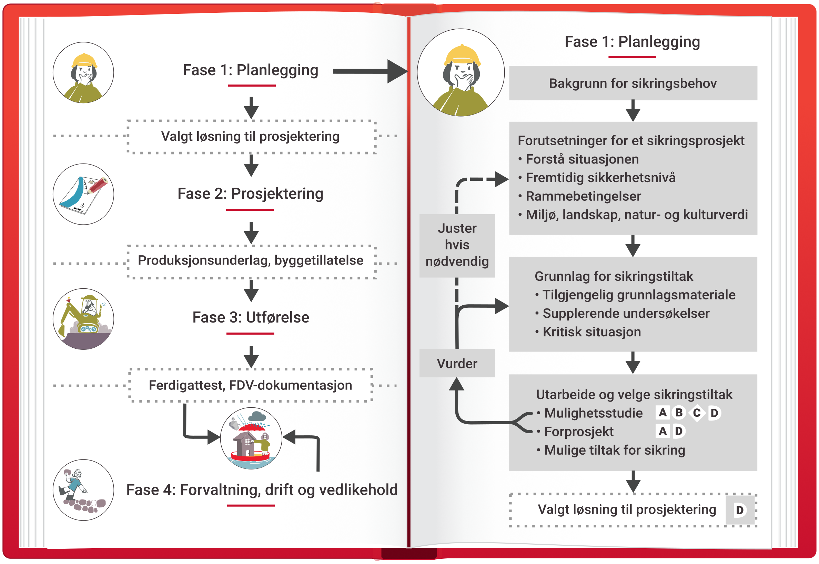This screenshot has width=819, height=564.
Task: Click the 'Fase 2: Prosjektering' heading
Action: coord(250,194)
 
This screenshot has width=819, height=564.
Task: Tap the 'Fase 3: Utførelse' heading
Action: coord(251,317)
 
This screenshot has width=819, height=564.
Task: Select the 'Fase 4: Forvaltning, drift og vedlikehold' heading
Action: coord(262,490)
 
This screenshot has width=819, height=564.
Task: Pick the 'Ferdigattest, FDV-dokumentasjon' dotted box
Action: coord(251,385)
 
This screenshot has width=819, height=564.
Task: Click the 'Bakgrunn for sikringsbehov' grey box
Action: coord(633,83)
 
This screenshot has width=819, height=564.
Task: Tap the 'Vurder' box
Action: coord(457,364)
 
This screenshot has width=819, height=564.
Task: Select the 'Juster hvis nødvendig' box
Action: coord(457,245)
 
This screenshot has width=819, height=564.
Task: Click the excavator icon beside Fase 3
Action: coord(83,319)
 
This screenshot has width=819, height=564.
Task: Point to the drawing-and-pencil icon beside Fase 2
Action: coord(83,194)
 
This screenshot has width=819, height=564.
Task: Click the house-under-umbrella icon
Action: coord(251,438)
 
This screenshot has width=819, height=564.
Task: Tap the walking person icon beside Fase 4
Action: coord(83,490)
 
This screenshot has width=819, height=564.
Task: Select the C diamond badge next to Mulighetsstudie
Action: coord(697,413)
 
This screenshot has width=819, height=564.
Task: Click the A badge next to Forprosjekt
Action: coord(663,431)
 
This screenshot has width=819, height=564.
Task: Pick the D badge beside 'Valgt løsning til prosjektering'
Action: coord(740,510)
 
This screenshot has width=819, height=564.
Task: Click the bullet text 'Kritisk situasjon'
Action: coord(591,332)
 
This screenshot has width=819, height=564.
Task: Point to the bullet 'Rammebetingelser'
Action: coord(583,196)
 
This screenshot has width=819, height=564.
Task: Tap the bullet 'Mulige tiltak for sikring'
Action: coord(614,450)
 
